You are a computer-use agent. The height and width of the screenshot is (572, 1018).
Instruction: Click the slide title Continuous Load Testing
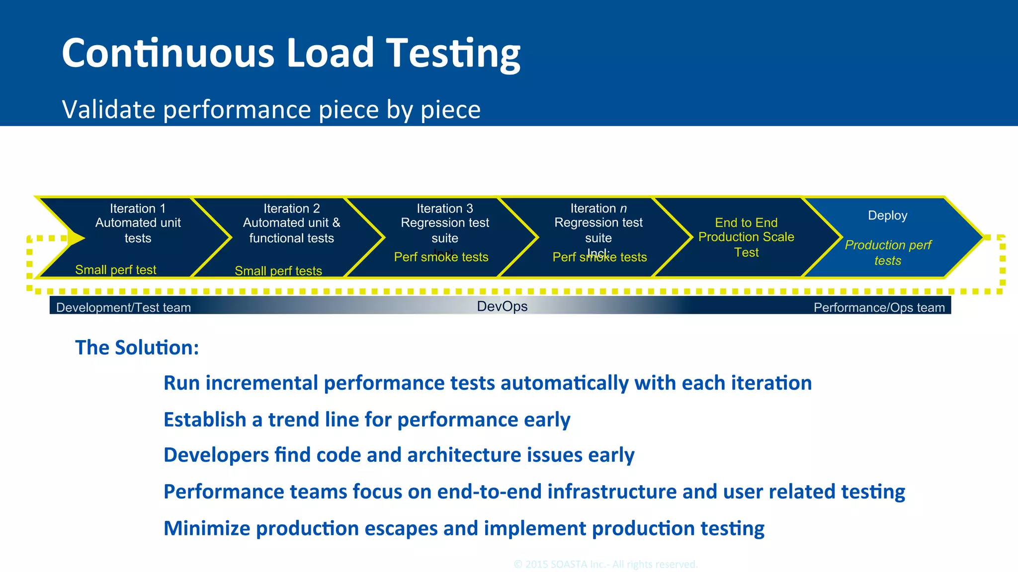tap(291, 53)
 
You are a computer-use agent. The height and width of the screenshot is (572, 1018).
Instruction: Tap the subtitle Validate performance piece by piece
tap(271, 109)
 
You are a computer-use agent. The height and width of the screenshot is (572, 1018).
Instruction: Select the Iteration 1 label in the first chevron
tap(138, 209)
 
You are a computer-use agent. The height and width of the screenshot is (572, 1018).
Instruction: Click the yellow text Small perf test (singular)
tap(116, 270)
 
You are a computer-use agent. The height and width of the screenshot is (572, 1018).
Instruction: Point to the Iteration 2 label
tap(291, 209)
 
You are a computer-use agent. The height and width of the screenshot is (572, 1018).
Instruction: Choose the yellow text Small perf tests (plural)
tap(278, 271)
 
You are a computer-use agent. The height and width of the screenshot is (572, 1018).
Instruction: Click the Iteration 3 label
tap(444, 209)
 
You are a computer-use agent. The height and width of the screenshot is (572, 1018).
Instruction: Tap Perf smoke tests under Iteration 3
tap(441, 257)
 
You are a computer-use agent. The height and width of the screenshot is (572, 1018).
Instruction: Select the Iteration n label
tap(598, 209)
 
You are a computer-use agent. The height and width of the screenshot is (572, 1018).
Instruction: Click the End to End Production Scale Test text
tap(746, 237)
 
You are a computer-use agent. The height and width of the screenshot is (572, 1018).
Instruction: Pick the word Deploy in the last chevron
tap(887, 215)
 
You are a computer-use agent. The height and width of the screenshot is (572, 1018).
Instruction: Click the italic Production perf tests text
tap(888, 253)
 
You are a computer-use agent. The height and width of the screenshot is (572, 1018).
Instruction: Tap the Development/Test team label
tap(123, 307)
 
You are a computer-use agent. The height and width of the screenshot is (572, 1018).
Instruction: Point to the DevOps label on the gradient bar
tap(502, 306)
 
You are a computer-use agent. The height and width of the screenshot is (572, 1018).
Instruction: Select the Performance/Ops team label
tap(879, 307)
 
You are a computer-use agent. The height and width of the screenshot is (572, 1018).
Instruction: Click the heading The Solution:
tap(137, 348)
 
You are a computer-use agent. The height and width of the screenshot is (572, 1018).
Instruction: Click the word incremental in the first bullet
tap(261, 383)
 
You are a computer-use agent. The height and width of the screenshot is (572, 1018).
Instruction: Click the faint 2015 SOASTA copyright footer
tap(605, 564)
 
